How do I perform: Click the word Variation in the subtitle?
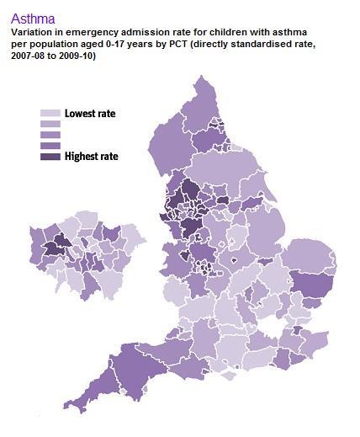[33, 32]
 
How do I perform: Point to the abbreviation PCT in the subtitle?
[166, 43]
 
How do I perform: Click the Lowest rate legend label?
[90, 113]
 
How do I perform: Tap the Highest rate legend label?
[91, 156]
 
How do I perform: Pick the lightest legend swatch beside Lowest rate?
[50, 113]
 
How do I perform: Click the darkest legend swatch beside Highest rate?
[50, 156]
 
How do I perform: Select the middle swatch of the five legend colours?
[50, 135]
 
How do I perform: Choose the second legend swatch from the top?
[50, 124]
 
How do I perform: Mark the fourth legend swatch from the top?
[50, 145]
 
